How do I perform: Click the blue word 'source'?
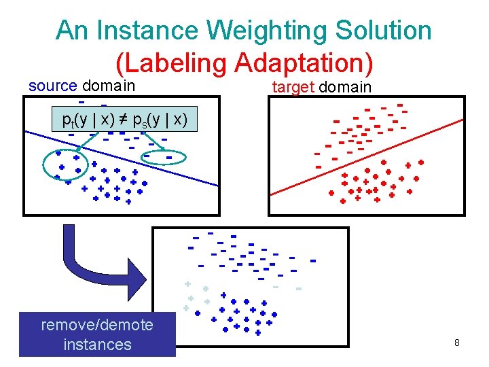[52, 86]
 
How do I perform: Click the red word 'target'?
[293, 87]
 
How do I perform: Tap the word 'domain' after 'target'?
[345, 87]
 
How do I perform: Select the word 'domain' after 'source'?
[109, 86]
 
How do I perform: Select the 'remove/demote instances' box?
[97, 334]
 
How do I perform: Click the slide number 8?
[457, 343]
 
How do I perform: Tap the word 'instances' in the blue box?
[97, 345]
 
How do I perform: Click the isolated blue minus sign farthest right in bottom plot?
[313, 260]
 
